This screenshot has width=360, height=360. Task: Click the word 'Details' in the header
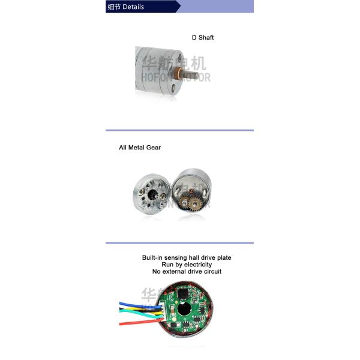(x=133, y=7)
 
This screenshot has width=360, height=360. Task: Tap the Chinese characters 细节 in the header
(x=113, y=7)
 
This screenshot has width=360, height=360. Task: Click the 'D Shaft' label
(x=203, y=37)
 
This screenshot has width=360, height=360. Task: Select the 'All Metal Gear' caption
(x=140, y=147)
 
